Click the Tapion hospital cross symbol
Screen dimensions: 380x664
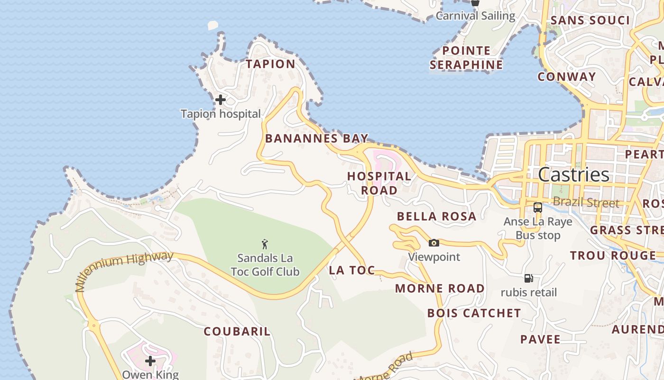220,100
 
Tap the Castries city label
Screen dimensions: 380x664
573,174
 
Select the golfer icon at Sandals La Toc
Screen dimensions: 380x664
265,245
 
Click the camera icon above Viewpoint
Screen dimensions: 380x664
433,243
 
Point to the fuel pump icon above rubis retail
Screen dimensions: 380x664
529,278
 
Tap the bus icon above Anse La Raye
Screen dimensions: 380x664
537,208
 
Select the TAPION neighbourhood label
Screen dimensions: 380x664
270,64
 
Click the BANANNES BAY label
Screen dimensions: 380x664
316,139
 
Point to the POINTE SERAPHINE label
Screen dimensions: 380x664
466,57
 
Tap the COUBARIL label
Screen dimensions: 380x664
237,332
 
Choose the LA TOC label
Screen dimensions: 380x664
352,270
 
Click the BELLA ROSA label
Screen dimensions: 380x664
436,217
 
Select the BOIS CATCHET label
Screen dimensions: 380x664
474,313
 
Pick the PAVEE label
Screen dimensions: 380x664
540,339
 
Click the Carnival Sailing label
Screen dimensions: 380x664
475,16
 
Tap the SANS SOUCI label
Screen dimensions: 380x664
590,20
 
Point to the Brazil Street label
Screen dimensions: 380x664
586,203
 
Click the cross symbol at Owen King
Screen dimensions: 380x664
150,361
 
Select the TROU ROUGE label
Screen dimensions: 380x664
613,256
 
